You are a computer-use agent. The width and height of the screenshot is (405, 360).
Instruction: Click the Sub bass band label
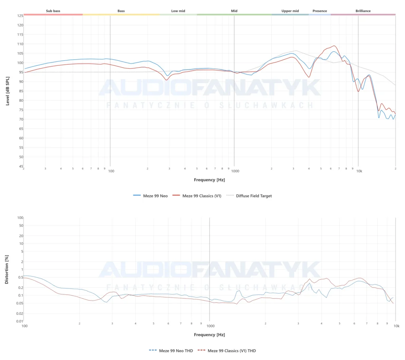click(53, 11)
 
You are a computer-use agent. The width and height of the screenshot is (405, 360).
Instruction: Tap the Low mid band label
click(178, 11)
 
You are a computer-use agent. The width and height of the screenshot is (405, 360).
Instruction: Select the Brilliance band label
click(363, 11)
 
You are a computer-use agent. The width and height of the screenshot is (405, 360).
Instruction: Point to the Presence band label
click(320, 11)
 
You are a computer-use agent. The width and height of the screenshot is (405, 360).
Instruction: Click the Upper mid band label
click(290, 11)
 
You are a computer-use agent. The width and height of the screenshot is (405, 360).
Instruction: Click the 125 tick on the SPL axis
click(20, 16)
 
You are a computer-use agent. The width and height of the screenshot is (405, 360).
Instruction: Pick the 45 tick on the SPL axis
click(20, 167)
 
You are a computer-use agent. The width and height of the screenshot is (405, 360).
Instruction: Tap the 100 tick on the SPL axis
click(20, 63)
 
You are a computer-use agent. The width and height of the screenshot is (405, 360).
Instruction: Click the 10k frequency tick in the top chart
click(359, 171)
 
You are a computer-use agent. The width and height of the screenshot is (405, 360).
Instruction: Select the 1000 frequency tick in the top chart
click(235, 171)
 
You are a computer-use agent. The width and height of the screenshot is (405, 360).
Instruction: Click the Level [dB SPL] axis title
click(8, 91)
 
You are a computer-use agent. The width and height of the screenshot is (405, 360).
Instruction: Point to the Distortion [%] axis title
click(7, 269)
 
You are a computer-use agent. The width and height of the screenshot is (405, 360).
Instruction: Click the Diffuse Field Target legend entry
click(254, 196)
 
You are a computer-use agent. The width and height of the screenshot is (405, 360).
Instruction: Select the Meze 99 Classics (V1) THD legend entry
click(232, 351)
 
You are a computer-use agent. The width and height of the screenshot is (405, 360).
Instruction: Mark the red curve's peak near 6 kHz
click(335, 45)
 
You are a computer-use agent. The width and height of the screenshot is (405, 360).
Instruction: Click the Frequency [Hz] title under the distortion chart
click(209, 335)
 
